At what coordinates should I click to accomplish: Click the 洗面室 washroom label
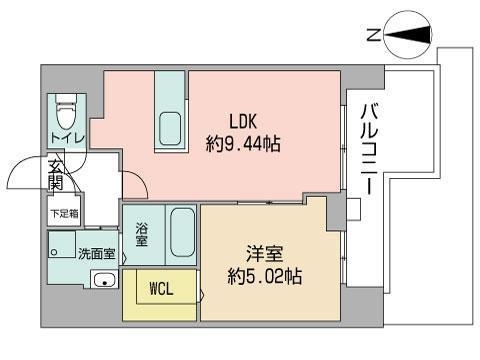[x=96, y=252]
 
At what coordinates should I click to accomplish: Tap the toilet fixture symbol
[x=66, y=107]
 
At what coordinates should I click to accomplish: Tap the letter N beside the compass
[x=371, y=36]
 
